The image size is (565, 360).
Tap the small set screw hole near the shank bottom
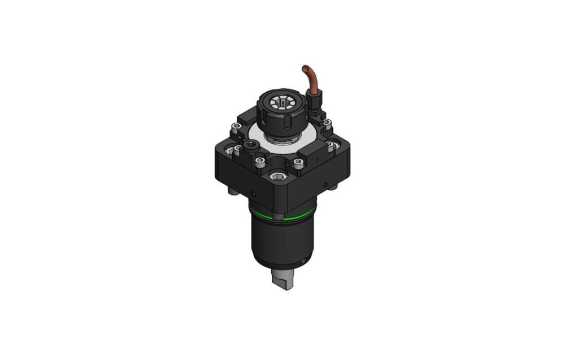point(303,261)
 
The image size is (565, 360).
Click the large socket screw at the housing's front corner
point(277,177)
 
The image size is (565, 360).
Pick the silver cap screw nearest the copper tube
point(327,123)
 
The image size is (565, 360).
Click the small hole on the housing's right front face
point(325,184)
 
